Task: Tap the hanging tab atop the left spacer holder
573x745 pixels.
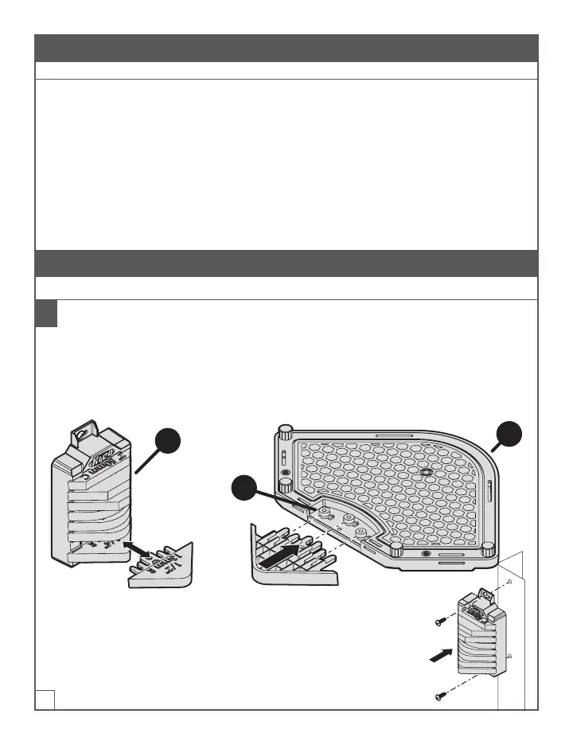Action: coord(80,435)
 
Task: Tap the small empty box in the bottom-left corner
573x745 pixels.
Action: coord(45,698)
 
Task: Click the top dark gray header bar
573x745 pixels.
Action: coord(286,48)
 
